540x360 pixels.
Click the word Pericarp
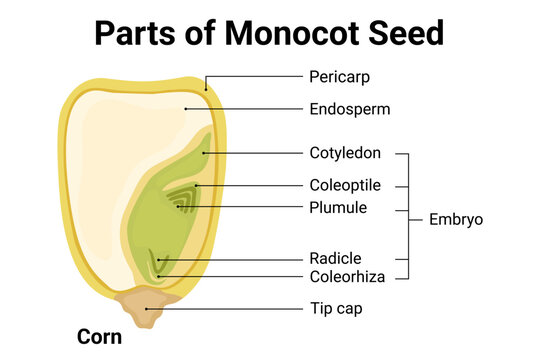(x=336, y=75)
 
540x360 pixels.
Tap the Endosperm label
(x=349, y=108)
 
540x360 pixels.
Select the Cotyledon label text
(x=346, y=154)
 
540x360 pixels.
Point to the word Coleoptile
(x=347, y=185)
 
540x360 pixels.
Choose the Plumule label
(x=338, y=208)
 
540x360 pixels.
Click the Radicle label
(x=335, y=258)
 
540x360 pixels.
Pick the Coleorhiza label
(x=346, y=276)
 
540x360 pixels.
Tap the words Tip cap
(x=335, y=309)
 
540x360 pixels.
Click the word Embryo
(x=455, y=218)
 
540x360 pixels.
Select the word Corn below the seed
(x=99, y=337)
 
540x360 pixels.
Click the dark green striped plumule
(x=181, y=200)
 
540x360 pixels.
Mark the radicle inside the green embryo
(x=156, y=262)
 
